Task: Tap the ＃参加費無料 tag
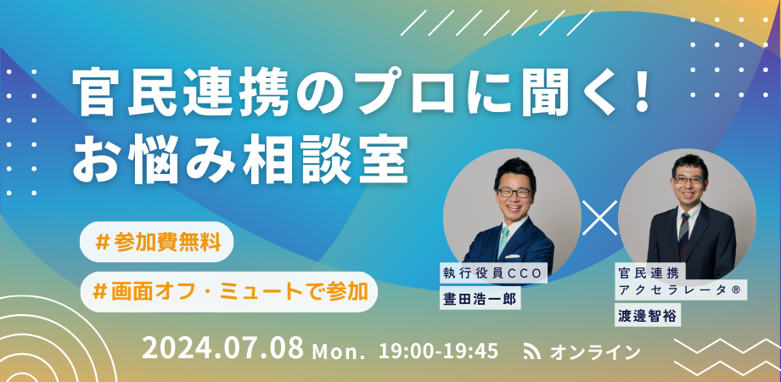[158, 243]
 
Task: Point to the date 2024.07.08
[222, 348]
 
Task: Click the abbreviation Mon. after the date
[339, 351]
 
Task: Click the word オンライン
[595, 351]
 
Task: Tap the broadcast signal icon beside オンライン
[532, 351]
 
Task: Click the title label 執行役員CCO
[493, 272]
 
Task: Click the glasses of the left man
[512, 193]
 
